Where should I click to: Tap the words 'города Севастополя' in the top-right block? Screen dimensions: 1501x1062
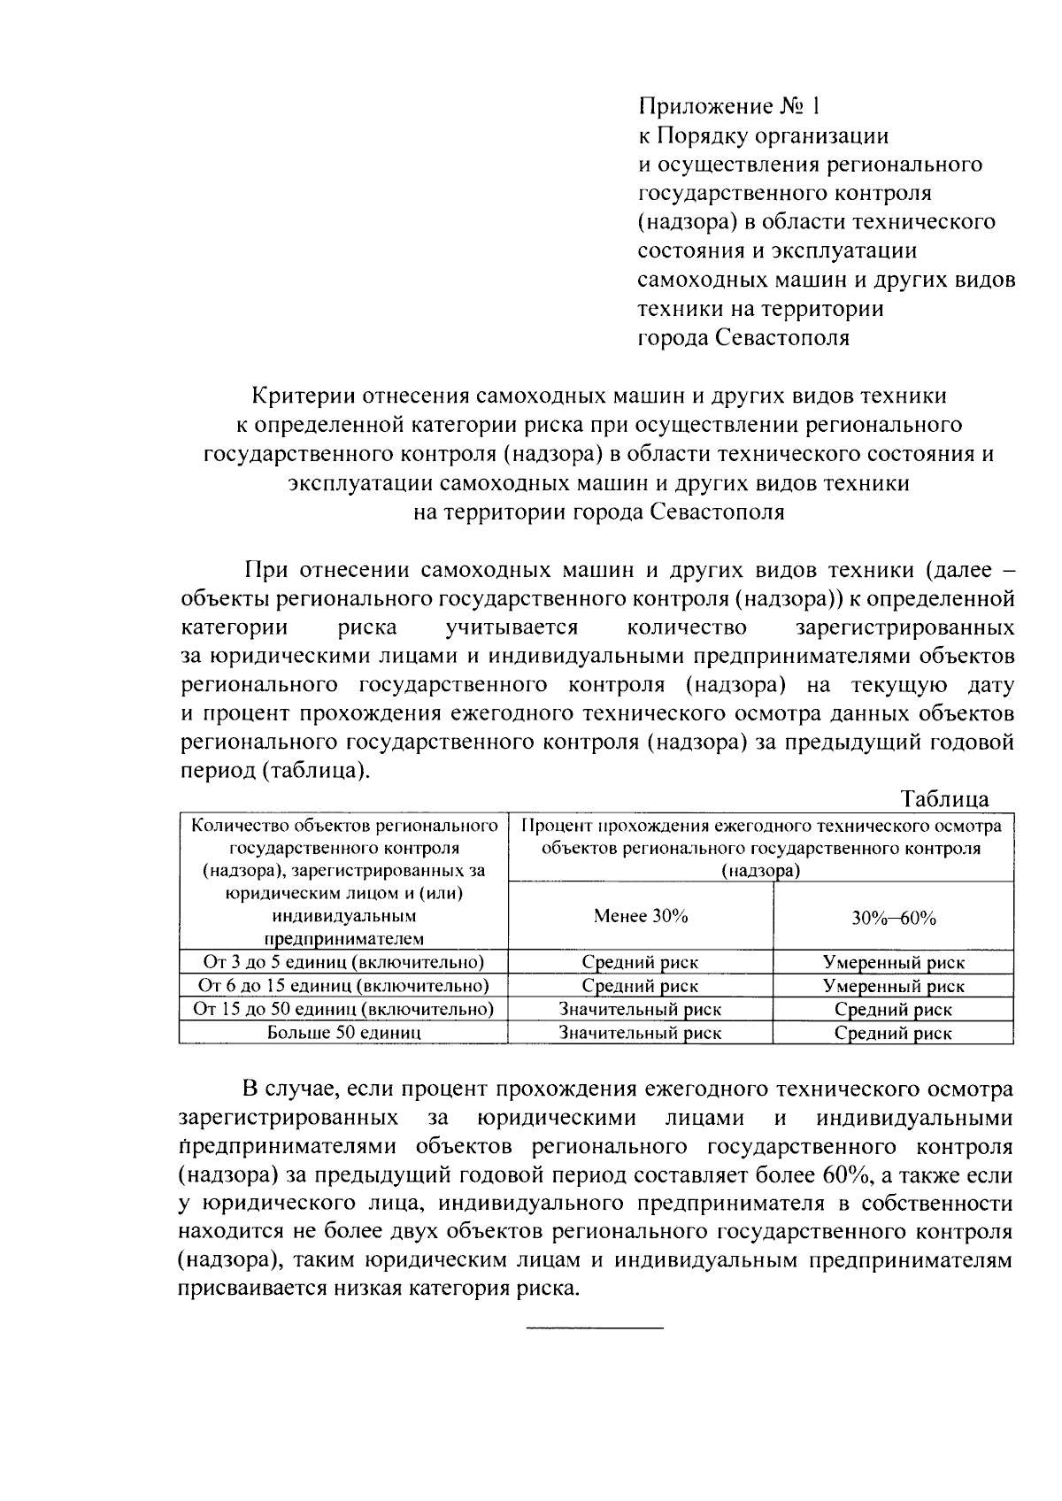pyautogui.click(x=743, y=338)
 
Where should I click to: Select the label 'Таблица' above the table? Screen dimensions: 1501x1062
pyautogui.click(x=944, y=798)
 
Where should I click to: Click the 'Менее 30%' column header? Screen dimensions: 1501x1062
pyautogui.click(x=641, y=916)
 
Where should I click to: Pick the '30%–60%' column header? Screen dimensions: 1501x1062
pyautogui.click(x=894, y=918)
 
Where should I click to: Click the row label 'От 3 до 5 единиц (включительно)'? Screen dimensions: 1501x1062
pyautogui.click(x=343, y=962)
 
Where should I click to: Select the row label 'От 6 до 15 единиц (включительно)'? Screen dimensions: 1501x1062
pyautogui.click(x=343, y=985)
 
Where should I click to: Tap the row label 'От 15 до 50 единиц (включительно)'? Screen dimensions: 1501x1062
pyautogui.click(x=343, y=1009)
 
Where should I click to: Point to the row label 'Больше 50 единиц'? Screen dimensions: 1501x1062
pyautogui.click(x=343, y=1032)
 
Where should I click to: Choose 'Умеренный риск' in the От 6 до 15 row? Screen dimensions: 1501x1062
pyautogui.click(x=894, y=986)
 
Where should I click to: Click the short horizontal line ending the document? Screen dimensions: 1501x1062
pyautogui.click(x=595, y=1328)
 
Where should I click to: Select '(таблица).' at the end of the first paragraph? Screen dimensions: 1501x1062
pyautogui.click(x=315, y=770)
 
